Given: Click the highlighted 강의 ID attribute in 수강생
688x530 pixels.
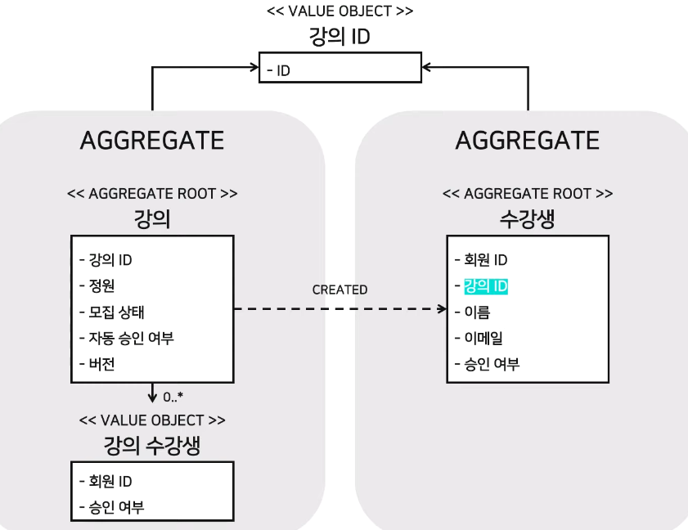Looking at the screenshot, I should click(486, 286).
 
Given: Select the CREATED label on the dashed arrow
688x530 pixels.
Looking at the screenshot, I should click(340, 290).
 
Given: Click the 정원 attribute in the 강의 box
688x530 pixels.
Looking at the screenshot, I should click(101, 286).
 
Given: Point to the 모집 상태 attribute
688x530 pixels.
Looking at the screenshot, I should click(117, 312).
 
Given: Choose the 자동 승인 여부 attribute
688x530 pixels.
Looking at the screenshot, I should click(131, 338).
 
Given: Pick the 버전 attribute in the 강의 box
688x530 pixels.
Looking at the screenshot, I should click(101, 364).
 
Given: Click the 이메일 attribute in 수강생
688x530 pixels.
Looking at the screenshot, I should click(483, 338).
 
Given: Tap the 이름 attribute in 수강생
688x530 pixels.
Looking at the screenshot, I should click(479, 312).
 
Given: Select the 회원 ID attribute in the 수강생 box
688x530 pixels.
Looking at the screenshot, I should click(486, 260).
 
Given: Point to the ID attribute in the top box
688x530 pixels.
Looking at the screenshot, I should click(282, 71).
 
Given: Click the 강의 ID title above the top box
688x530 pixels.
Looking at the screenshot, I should click(340, 37).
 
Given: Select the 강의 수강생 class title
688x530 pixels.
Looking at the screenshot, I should click(152, 445).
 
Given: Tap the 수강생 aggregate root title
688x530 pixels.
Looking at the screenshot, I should click(527, 218).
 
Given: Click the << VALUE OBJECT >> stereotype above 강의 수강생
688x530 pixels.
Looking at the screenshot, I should click(152, 420).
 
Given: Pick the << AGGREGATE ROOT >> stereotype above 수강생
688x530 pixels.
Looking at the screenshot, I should click(527, 194).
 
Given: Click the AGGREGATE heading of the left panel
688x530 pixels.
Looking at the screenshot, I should click(152, 140).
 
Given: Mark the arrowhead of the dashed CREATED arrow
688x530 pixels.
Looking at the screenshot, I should click(441, 309).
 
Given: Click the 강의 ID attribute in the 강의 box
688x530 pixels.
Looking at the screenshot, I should click(110, 260).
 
